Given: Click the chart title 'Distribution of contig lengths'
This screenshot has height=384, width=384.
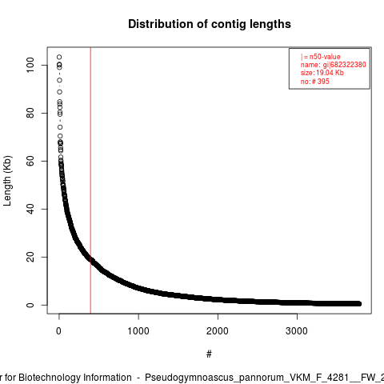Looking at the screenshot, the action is click(x=210, y=24).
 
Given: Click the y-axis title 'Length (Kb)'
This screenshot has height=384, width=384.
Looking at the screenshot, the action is click(x=7, y=181).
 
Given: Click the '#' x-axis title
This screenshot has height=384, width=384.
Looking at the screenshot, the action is click(x=209, y=354).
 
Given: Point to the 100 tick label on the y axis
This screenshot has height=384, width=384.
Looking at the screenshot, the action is click(x=30, y=65).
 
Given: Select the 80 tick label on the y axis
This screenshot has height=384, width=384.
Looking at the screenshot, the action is click(x=30, y=113).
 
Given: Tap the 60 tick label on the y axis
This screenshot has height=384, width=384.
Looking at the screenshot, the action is click(x=30, y=161).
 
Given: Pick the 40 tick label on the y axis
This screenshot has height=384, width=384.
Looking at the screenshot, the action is click(x=30, y=209).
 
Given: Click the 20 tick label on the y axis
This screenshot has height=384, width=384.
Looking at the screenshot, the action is click(x=30, y=257).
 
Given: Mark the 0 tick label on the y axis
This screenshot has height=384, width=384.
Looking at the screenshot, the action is click(x=30, y=305).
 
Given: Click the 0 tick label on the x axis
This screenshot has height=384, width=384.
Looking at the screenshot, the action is click(x=58, y=331).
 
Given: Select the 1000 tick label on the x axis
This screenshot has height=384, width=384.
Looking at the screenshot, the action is click(x=138, y=331).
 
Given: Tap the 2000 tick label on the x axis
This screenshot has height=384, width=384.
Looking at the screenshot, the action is click(x=218, y=331).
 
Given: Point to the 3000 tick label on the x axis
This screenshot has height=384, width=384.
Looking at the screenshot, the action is click(x=297, y=331).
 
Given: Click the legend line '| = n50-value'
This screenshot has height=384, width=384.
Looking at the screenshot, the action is click(x=321, y=57).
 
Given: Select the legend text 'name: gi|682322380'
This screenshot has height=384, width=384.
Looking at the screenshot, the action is click(x=334, y=65).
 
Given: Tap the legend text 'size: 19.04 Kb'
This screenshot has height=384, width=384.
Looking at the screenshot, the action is click(x=322, y=73).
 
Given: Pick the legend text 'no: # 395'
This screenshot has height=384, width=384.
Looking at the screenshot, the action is click(x=315, y=82).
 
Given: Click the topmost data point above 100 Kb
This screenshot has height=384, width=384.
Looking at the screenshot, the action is click(x=59, y=57).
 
